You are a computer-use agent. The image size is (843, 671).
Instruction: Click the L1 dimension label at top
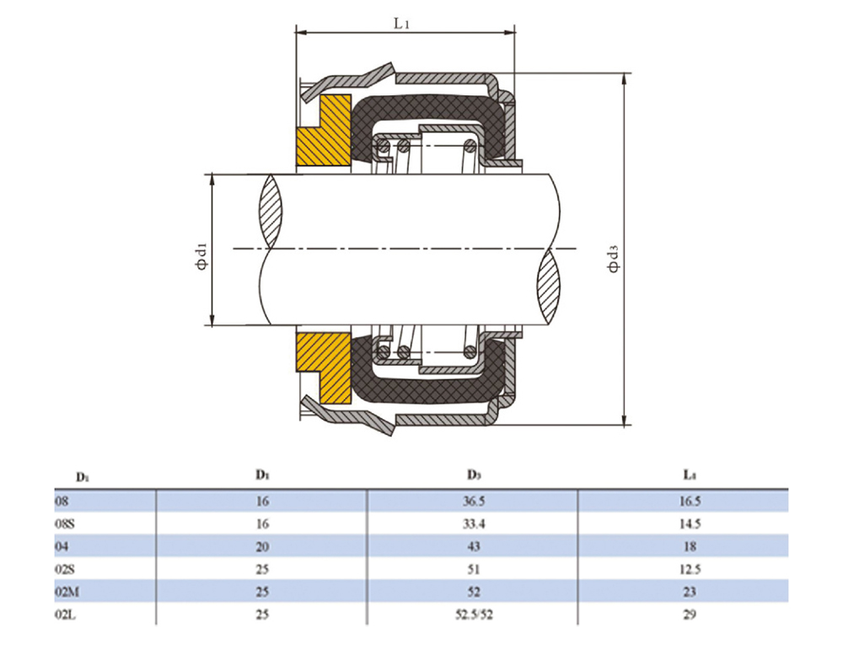coord(401,23)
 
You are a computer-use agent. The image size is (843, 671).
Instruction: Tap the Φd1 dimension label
coord(201,257)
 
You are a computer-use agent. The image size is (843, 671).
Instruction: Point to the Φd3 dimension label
coord(614,258)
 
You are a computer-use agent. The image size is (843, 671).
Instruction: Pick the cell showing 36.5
coord(474,501)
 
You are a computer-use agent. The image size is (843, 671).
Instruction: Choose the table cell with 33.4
coord(474,523)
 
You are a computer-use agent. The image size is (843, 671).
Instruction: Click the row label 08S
coord(65,523)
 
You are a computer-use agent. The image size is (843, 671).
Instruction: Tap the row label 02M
coord(67,592)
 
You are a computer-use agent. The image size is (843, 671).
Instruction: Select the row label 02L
coord(65,615)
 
